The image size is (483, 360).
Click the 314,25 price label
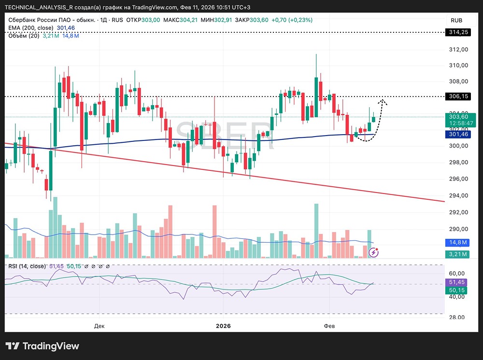click(x=459, y=32)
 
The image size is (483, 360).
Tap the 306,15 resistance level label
click(x=459, y=97)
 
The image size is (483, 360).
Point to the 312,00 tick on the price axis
click(x=458, y=50)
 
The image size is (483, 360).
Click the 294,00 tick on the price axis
click(x=458, y=196)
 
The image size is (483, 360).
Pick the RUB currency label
click(x=456, y=20)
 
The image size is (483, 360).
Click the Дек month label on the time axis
click(x=99, y=326)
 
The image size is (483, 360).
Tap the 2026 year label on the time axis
click(x=223, y=326)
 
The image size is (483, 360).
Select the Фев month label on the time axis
click(x=329, y=326)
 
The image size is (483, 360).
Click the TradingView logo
click(x=42, y=346)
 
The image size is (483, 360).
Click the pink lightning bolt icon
click(x=374, y=252)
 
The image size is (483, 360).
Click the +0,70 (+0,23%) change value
click(x=292, y=20)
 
